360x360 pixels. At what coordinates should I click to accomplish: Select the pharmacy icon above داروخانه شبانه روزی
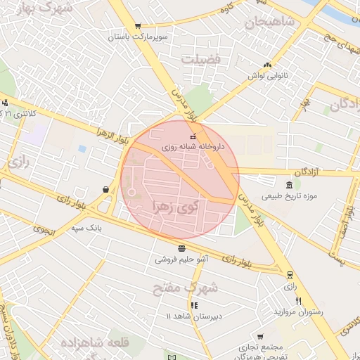[193, 136]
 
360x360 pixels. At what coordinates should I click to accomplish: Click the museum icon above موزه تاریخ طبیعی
[290, 184]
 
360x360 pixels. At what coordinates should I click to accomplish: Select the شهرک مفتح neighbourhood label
[186, 287]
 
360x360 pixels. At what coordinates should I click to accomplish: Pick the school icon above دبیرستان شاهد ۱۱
[194, 305]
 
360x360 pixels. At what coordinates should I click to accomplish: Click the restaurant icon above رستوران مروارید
[298, 300]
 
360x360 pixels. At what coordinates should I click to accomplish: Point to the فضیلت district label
[201, 59]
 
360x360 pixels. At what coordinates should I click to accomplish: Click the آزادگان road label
[308, 172]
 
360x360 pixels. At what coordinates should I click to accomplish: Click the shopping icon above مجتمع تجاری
[261, 337]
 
